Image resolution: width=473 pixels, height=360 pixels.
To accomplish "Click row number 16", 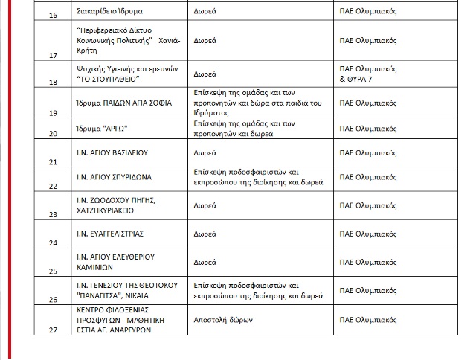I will point(53,15).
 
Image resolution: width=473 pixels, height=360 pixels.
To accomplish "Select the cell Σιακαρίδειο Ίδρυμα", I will point(110,13).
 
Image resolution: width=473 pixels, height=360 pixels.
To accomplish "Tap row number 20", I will point(53,135).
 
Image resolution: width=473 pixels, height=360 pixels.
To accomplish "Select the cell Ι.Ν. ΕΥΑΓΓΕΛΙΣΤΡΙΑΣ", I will point(110,233).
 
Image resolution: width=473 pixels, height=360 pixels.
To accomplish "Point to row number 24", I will point(53,242).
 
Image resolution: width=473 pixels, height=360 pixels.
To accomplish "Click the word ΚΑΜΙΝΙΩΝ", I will point(97,268).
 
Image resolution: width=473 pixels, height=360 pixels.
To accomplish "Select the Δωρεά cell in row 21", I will point(205,152).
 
